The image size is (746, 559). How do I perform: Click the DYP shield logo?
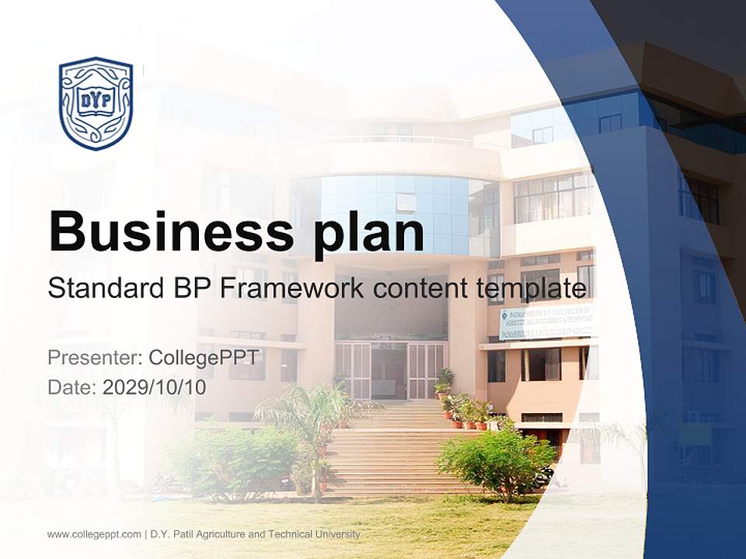[x=96, y=102]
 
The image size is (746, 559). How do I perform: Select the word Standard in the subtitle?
[x=102, y=289]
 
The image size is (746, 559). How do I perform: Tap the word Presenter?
[x=93, y=358]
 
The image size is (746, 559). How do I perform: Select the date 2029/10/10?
[x=155, y=387]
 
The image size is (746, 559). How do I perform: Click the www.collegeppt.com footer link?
[x=94, y=534]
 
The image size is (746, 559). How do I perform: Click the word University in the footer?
[x=333, y=534]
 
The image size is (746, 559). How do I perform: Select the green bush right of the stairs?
[x=497, y=462]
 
